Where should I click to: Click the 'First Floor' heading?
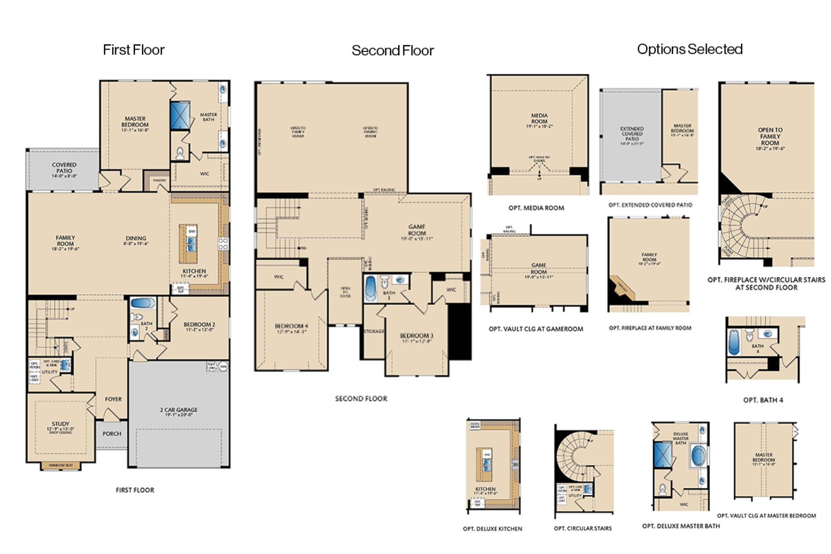tap(133, 50)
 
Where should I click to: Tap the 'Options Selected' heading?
tap(689, 49)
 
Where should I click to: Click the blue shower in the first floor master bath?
tap(180, 115)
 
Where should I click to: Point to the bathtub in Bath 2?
tap(143, 303)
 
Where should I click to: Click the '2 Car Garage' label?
tap(179, 412)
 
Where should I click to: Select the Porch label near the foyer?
tap(112, 434)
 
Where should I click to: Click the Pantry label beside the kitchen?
tap(159, 180)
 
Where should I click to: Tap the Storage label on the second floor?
tap(374, 331)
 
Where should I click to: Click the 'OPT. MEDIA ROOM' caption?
tap(536, 208)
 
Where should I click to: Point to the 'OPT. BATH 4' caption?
tap(763, 400)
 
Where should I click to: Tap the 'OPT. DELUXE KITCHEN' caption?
tap(493, 528)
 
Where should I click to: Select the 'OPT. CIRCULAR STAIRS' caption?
tap(583, 528)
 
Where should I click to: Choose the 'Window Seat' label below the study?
tap(61, 466)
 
